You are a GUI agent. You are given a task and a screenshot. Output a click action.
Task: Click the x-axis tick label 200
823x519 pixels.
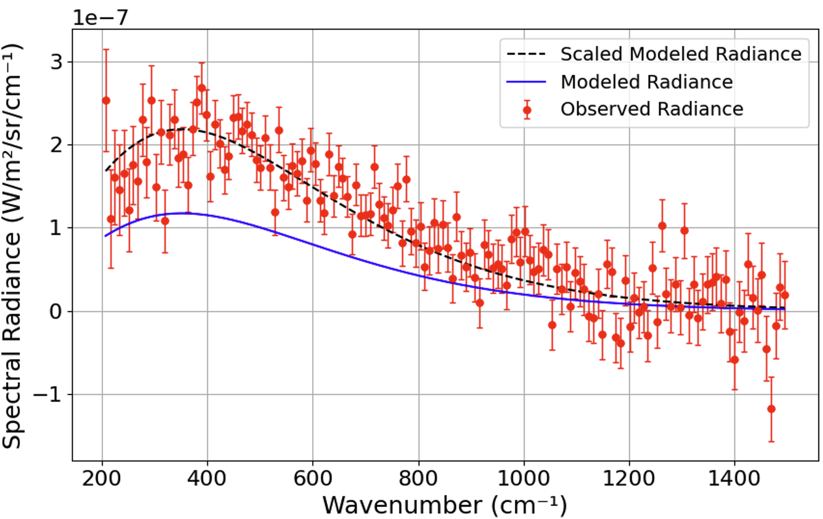(102, 478)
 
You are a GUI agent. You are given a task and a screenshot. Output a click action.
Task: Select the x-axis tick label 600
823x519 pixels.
(313, 478)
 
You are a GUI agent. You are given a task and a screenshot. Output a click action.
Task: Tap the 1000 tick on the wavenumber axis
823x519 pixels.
(523, 478)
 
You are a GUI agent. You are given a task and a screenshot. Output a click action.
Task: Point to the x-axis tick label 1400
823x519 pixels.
(734, 478)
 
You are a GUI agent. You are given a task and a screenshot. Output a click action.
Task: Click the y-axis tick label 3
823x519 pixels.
(56, 62)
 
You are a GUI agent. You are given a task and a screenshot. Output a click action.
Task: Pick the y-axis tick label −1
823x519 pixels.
(48, 394)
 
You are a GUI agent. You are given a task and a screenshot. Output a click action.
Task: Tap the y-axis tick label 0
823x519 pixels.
(56, 311)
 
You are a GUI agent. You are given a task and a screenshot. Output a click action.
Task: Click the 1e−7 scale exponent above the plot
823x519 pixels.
(100, 18)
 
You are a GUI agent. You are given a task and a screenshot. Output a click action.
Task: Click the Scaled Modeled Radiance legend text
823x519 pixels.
(681, 54)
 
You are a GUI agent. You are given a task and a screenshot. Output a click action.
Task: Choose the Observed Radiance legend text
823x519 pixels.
(652, 109)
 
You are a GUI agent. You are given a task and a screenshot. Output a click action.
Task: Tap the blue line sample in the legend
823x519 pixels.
(526, 82)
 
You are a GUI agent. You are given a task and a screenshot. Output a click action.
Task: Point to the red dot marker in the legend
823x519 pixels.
(527, 110)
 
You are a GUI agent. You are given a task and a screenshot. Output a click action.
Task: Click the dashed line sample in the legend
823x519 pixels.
(526, 54)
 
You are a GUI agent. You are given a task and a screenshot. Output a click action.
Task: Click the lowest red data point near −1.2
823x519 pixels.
(771, 409)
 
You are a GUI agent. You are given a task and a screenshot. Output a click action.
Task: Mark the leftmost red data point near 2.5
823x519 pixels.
(106, 100)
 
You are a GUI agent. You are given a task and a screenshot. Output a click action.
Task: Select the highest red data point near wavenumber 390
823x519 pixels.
(201, 88)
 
